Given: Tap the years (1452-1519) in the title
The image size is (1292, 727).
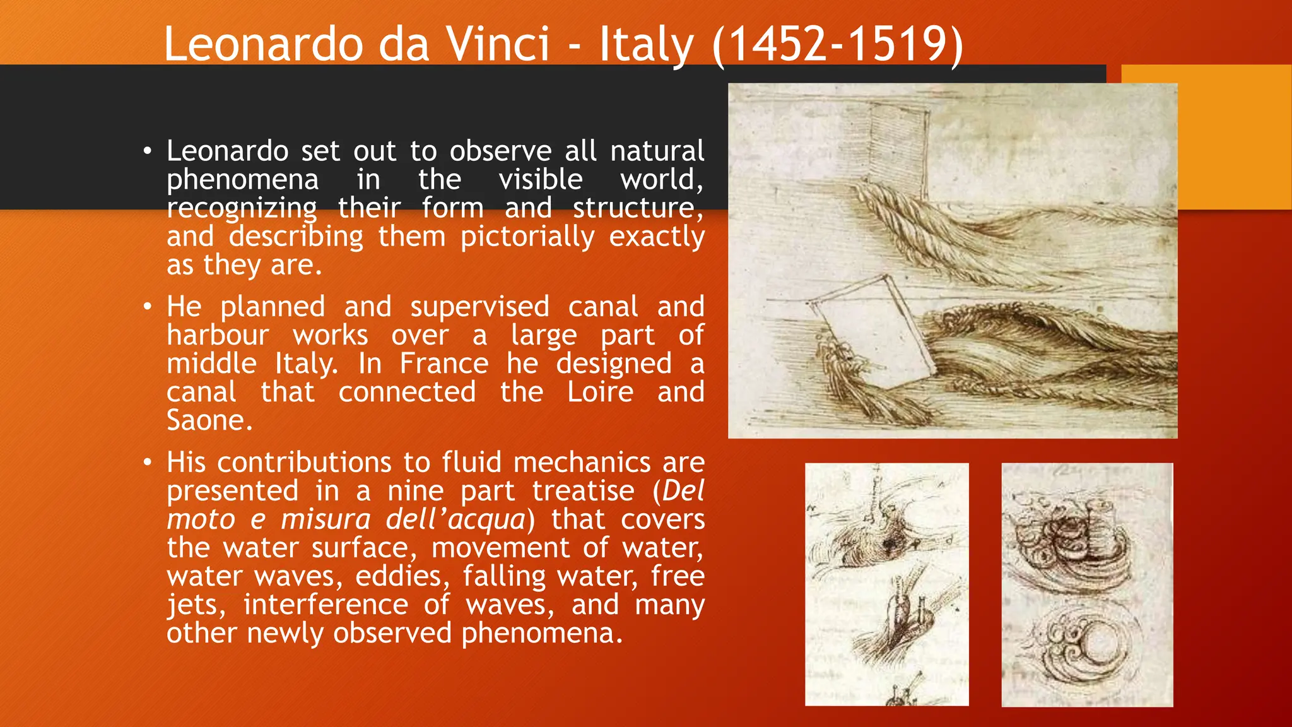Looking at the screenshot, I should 838,44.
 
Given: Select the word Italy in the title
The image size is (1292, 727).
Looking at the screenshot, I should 646,44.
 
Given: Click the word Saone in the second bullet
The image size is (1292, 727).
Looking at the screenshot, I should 209,420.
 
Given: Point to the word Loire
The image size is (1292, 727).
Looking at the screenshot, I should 600,392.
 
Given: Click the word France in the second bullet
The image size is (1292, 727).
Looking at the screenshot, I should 443,363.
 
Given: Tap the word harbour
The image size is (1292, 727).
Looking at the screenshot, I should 218,335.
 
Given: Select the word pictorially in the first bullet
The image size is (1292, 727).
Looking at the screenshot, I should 527,237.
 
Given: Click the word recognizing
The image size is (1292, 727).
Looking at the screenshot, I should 242,208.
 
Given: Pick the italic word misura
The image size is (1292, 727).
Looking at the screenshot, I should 326,519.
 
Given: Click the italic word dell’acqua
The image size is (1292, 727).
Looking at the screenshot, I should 455,519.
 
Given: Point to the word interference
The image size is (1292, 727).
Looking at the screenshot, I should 326,605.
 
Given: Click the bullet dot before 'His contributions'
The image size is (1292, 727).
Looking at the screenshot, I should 147,463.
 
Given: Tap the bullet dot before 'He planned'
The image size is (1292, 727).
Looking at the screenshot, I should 147,307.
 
